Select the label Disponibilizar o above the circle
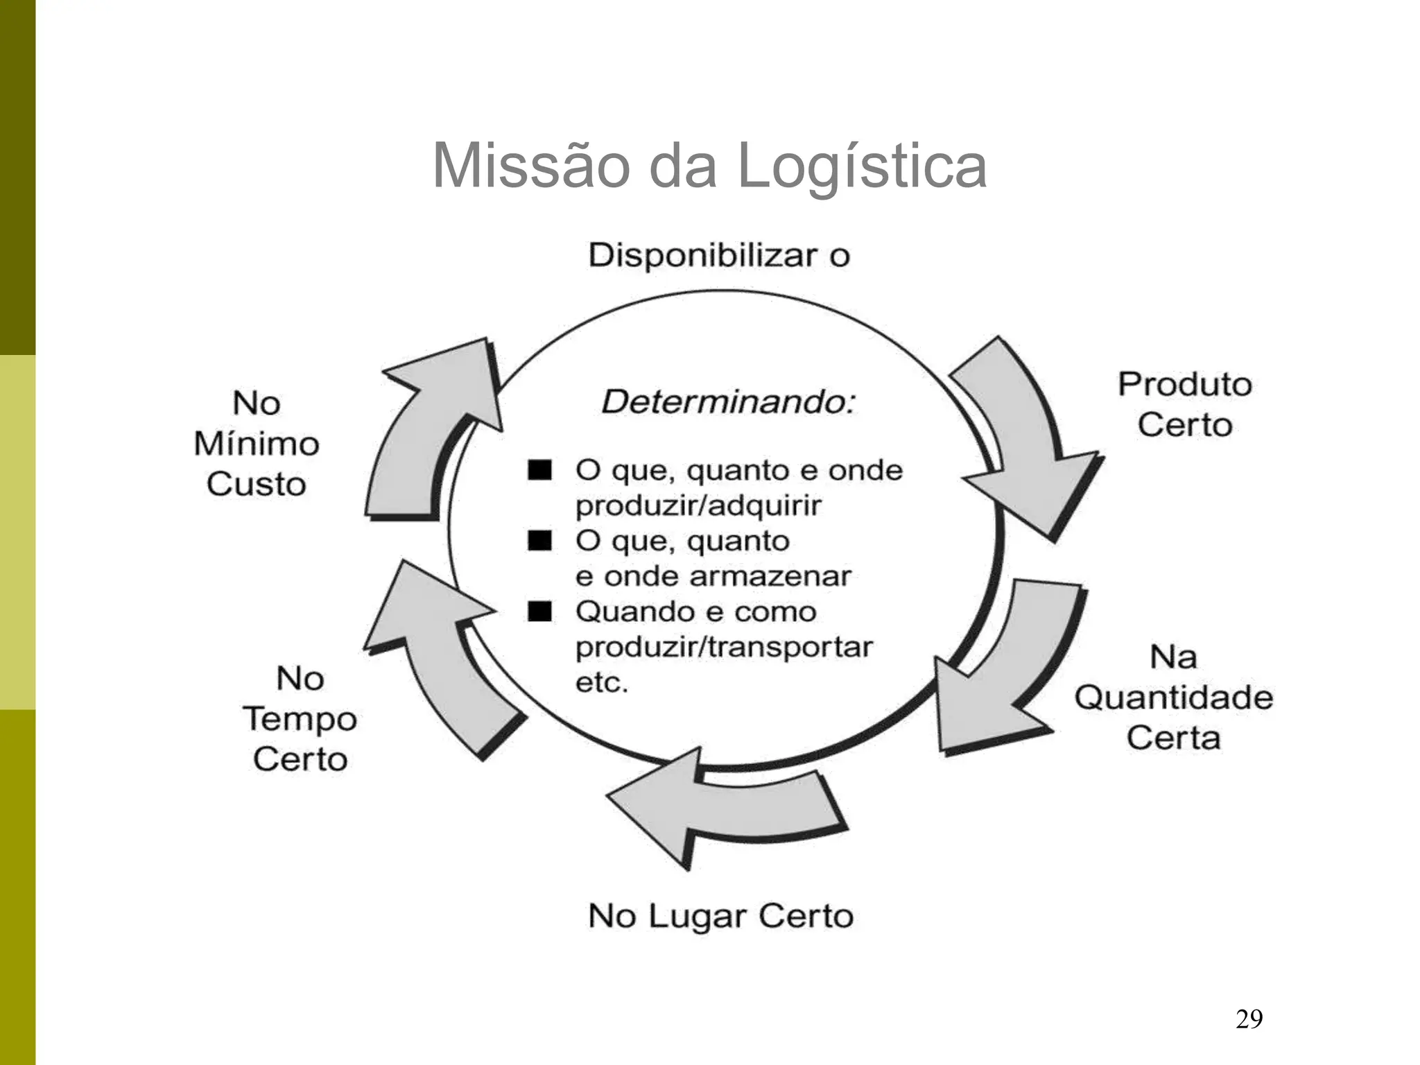click(719, 256)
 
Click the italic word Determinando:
click(728, 402)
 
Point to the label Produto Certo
click(1184, 404)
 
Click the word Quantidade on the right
click(1173, 698)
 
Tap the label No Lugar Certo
click(720, 916)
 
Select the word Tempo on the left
click(300, 719)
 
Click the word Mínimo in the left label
click(257, 444)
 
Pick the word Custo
click(256, 484)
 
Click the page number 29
click(1249, 1019)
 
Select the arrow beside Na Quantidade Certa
click(1005, 679)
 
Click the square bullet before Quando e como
click(539, 612)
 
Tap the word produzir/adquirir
click(698, 506)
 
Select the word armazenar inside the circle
click(776, 576)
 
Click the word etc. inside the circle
click(601, 683)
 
